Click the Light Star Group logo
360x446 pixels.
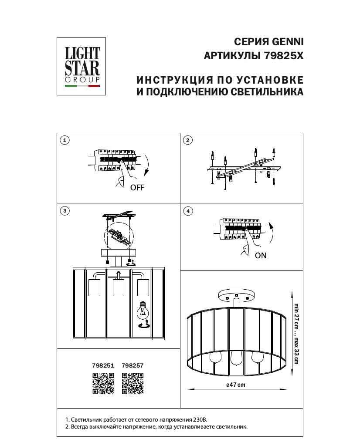(x=82, y=66)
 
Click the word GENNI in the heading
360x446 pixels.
(x=288, y=42)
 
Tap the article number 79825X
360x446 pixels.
(x=283, y=56)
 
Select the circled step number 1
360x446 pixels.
(x=65, y=140)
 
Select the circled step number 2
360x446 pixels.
(x=188, y=140)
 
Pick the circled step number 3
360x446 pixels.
(x=65, y=211)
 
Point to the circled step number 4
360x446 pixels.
(x=188, y=211)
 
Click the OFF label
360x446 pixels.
(x=137, y=188)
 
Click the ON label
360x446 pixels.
(x=261, y=256)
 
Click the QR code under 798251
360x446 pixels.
(x=103, y=383)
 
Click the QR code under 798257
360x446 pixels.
(x=132, y=383)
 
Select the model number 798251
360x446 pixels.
(x=103, y=366)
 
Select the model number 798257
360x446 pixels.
(x=132, y=366)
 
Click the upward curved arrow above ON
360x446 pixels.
(x=271, y=233)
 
